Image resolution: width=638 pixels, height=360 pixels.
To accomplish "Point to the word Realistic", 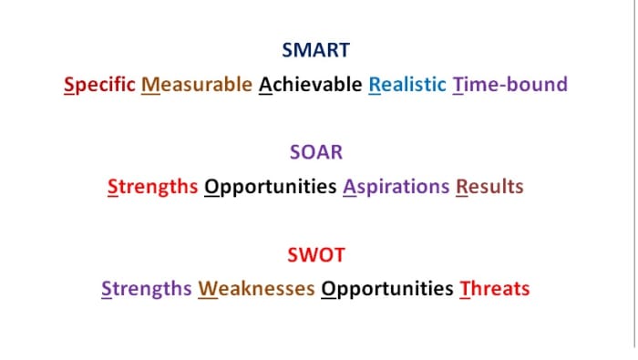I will click(407, 85).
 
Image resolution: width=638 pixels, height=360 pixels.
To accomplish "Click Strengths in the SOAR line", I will click(152, 187).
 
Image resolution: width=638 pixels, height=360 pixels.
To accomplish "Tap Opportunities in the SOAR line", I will click(271, 187).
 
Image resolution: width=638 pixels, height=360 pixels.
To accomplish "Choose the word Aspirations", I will click(396, 187).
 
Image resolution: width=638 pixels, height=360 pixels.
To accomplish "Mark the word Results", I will click(489, 187).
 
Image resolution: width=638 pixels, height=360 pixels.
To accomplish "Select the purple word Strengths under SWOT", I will click(146, 289).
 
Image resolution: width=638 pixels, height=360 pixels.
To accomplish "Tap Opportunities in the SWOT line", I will click(387, 289).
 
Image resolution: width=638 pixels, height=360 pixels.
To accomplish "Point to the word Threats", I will click(495, 289).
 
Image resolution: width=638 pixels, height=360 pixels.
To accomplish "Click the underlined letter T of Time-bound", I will click(458, 85).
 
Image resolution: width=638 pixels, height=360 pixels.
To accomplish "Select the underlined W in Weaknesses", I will click(208, 289).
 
